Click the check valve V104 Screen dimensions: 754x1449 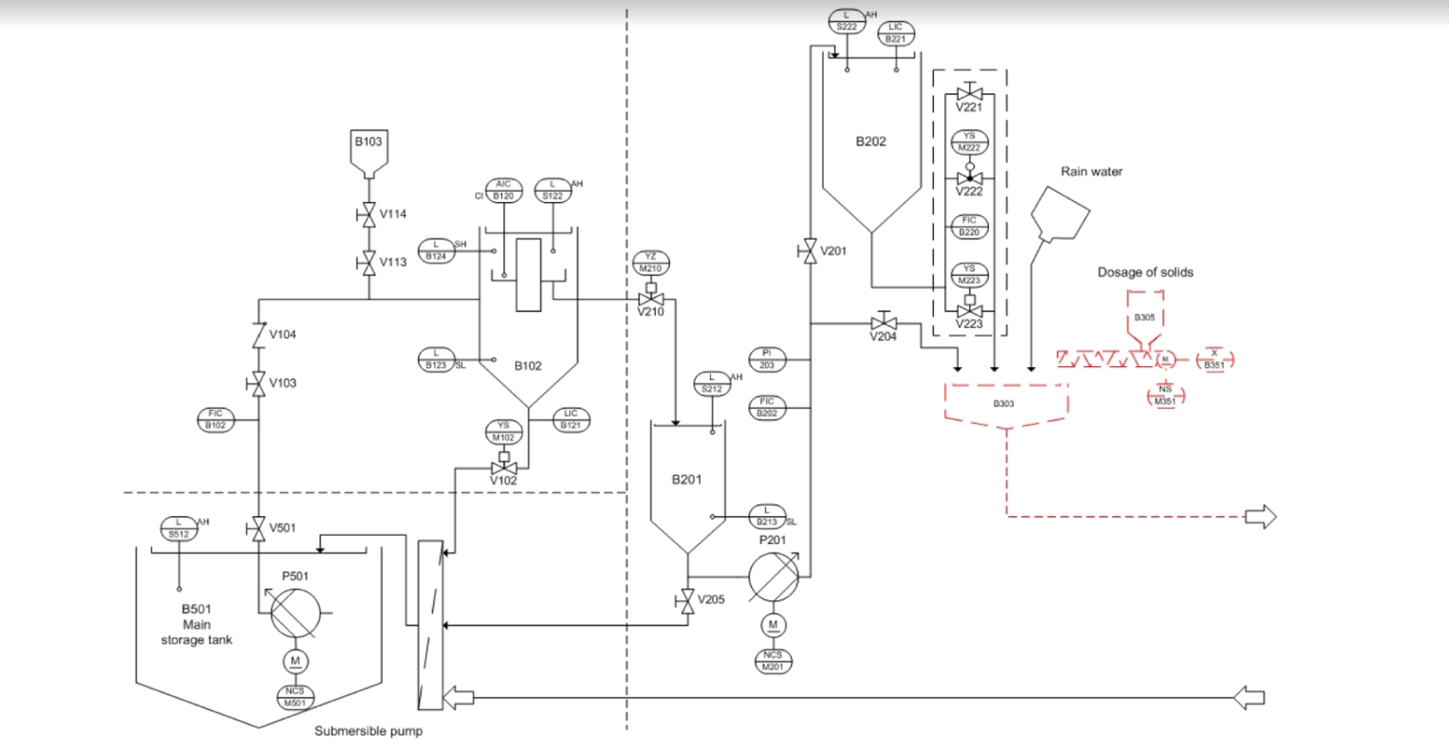[258, 333]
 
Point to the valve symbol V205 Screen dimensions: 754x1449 [688, 600]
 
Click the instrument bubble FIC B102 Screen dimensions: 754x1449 [216, 419]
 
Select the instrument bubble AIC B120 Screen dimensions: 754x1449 [503, 190]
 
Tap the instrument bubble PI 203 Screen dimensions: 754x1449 [767, 359]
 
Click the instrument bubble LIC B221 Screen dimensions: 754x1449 [895, 34]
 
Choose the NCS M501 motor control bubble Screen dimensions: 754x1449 [295, 696]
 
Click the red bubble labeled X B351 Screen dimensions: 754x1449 [1214, 359]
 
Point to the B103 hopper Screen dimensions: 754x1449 [368, 153]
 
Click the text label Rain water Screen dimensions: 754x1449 [1091, 171]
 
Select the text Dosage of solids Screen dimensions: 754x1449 [1144, 272]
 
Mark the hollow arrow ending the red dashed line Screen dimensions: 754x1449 [1261, 516]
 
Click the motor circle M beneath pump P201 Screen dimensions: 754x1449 [773, 624]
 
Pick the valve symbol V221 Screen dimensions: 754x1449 [969, 94]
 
